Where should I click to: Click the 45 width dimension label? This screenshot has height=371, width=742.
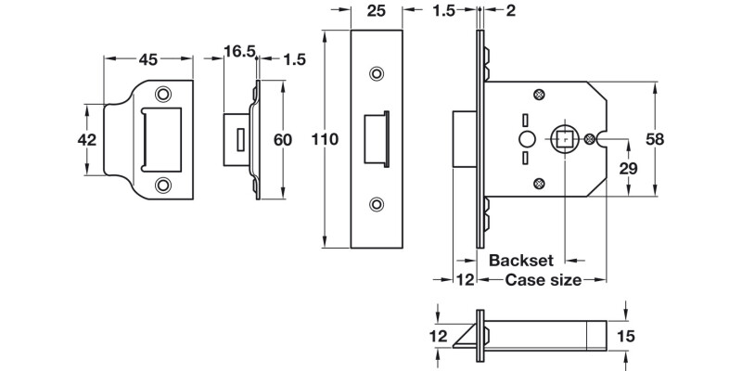pyautogui.click(x=147, y=60)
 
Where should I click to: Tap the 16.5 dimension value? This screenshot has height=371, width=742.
pyautogui.click(x=239, y=52)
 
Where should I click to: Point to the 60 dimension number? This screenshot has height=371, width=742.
pyautogui.click(x=283, y=139)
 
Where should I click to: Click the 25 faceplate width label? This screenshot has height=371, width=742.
pyautogui.click(x=376, y=13)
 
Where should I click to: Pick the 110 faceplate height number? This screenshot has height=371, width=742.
pyautogui.click(x=326, y=139)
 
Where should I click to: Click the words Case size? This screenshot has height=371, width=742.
pyautogui.click(x=544, y=279)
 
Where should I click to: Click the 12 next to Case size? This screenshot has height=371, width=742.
pyautogui.click(x=464, y=279)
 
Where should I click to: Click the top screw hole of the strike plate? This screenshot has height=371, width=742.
pyautogui.click(x=164, y=94)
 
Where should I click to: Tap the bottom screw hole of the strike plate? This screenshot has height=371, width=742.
pyautogui.click(x=164, y=185)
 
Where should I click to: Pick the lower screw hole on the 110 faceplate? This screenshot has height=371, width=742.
pyautogui.click(x=376, y=203)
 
